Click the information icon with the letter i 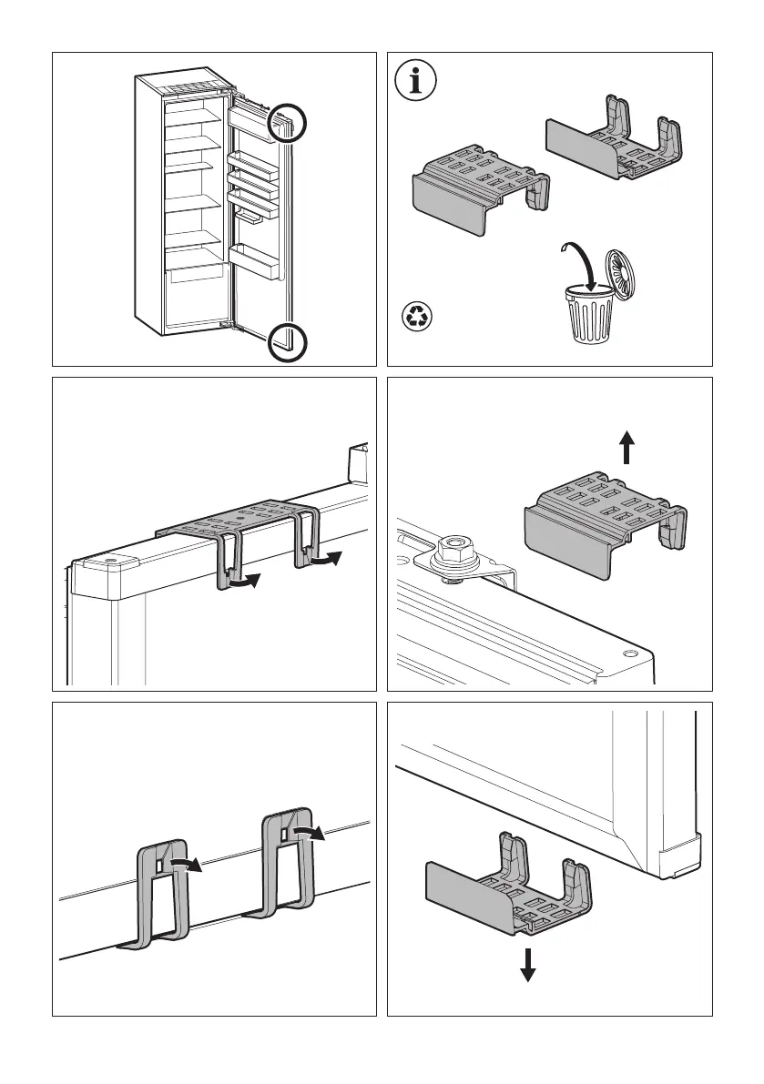(x=417, y=83)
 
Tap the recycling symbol (x=418, y=317)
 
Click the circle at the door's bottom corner (x=287, y=342)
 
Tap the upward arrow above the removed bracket (x=626, y=449)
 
